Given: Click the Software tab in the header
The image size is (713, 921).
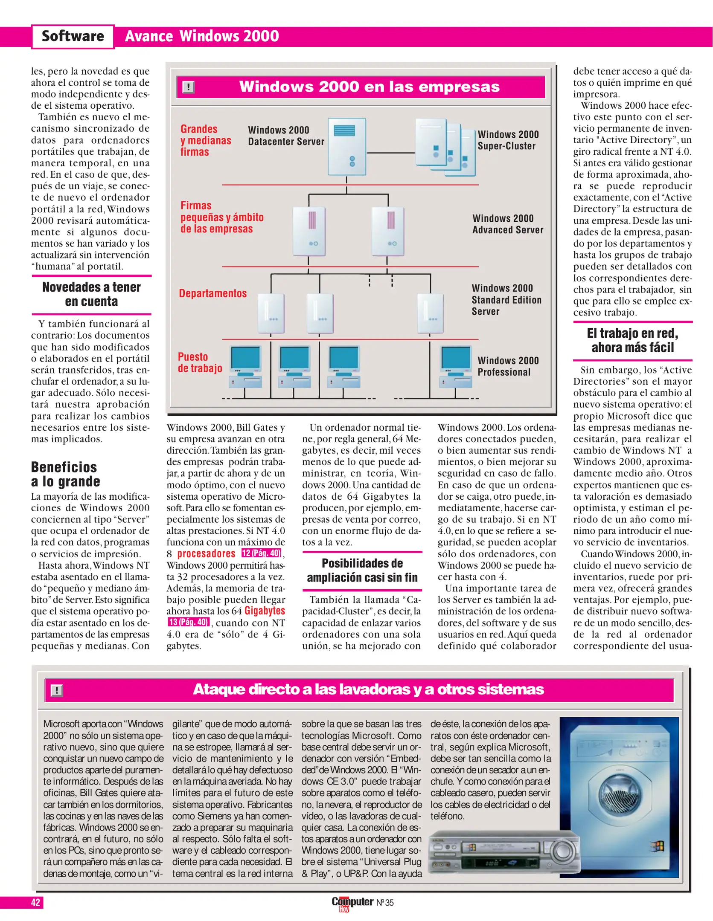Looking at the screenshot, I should click(73, 36).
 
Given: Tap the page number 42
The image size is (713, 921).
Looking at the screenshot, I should click(35, 902).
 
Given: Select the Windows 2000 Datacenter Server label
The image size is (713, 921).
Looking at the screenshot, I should click(286, 136).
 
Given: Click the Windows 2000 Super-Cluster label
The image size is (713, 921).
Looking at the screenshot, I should click(508, 140).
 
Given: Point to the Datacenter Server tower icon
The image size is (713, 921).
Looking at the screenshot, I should click(346, 147).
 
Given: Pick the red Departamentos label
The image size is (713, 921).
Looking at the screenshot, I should click(212, 293).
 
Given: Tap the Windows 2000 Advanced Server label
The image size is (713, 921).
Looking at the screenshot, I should click(507, 224).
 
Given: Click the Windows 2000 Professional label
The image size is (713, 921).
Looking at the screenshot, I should click(508, 366).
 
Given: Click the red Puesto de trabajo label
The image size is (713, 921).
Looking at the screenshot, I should click(200, 362).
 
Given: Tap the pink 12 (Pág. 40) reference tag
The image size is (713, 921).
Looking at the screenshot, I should click(261, 553).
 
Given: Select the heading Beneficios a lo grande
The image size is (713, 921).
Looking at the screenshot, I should click(65, 474).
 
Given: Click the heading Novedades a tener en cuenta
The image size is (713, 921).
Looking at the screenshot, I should click(91, 294).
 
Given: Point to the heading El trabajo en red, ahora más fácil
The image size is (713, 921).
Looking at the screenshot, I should click(632, 340).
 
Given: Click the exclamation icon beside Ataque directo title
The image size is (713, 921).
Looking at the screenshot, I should click(57, 690).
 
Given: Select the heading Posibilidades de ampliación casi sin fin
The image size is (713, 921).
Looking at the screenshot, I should click(362, 571).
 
